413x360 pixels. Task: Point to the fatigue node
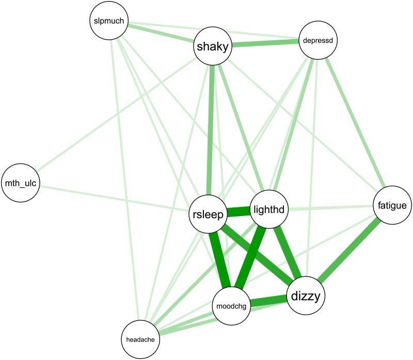[x=392, y=206]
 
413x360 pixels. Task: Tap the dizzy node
[x=307, y=296]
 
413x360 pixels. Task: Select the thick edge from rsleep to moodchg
[x=220, y=261]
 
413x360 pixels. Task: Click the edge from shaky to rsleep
[x=211, y=129]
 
